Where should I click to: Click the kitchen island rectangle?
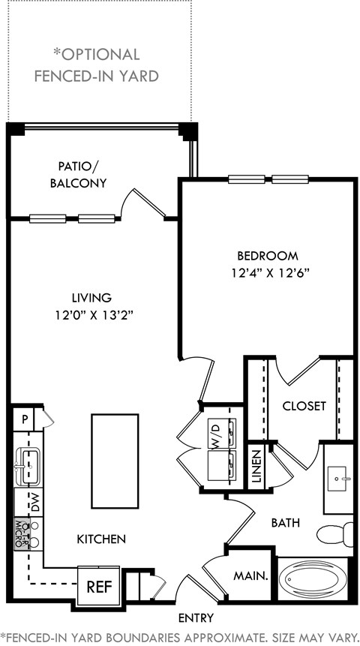[x=115, y=461]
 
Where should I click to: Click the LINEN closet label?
[x=256, y=466]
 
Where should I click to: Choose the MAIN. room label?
[x=251, y=576]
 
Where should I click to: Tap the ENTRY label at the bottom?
[x=196, y=618]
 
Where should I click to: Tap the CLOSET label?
[x=304, y=406]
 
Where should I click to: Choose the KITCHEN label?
[x=101, y=539]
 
